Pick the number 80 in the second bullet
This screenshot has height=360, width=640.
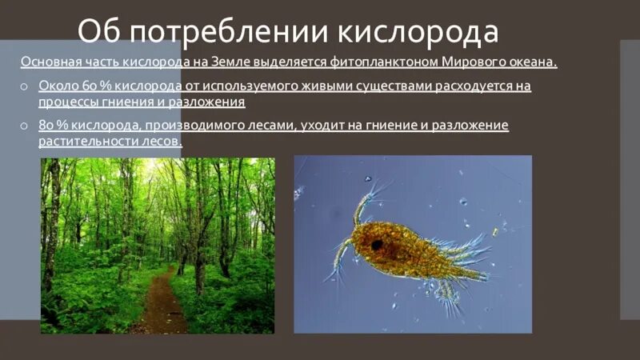47,126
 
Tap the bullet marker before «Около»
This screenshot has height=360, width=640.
26,86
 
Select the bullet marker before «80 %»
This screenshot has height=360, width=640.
26,126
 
